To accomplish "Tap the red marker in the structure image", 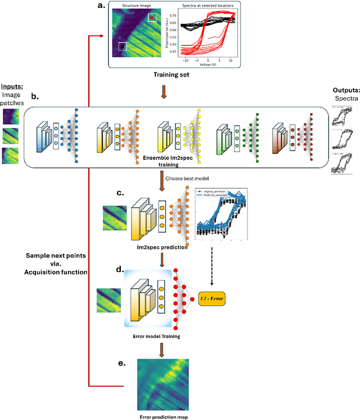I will click(152, 17).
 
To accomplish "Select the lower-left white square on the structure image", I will click(123, 46).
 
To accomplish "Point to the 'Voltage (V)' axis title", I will click(208, 64).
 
